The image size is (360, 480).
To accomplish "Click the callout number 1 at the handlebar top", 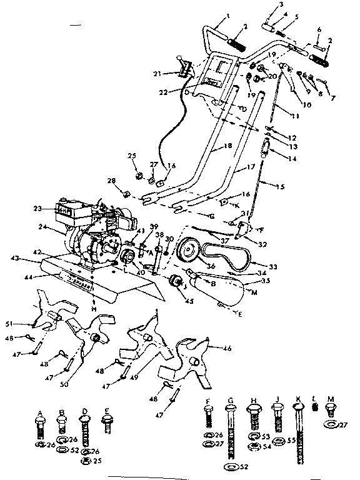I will click(x=211, y=15).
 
